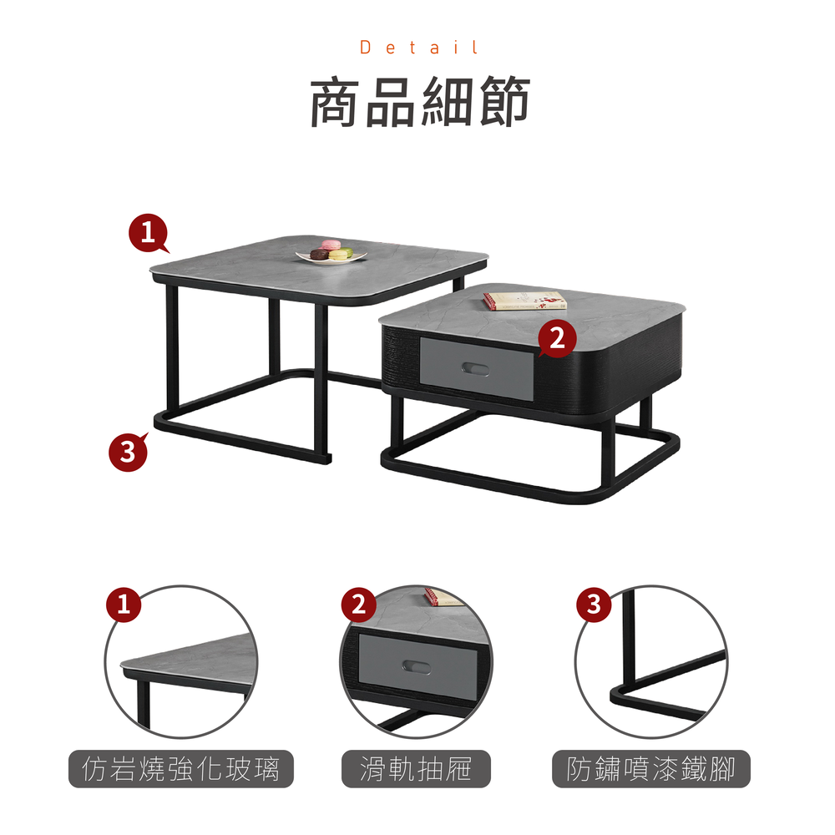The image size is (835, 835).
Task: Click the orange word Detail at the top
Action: point(419,48)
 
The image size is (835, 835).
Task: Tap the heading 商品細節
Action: point(420,102)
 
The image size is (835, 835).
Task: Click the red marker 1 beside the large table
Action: point(149,233)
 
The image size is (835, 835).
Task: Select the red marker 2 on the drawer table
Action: point(556,338)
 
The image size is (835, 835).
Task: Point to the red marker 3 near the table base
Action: point(129,452)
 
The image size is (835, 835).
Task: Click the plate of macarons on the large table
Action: point(331,253)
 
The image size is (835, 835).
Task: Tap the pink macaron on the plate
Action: point(331,245)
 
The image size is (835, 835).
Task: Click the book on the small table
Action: point(524,301)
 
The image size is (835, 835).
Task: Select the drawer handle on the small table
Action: point(475,368)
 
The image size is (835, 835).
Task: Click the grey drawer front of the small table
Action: point(477,368)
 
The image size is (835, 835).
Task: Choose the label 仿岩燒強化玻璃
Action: point(181,768)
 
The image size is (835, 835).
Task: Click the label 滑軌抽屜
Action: point(416,768)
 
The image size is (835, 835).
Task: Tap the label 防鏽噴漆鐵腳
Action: point(650,768)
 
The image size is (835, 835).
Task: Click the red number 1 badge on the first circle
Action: point(124,605)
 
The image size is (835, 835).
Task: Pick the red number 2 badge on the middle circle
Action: point(358,605)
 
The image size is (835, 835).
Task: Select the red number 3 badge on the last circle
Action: point(594,605)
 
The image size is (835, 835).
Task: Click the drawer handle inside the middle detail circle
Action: point(416,666)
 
